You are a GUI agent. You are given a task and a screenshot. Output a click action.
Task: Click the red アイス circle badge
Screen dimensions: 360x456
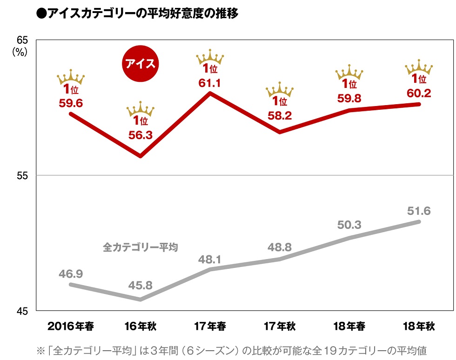tap(140, 64)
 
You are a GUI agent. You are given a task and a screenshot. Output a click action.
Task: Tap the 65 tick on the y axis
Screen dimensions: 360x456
tap(22, 40)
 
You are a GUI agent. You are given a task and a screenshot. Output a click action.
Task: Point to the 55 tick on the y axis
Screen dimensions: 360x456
tap(22, 175)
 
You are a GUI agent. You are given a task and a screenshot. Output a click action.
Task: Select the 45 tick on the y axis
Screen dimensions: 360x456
tap(22, 311)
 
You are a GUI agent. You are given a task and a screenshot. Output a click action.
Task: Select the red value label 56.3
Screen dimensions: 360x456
tap(140, 135)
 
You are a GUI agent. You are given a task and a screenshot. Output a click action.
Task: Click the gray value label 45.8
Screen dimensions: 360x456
tap(140, 285)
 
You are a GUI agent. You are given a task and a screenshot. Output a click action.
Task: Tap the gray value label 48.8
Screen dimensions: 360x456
tap(280, 247)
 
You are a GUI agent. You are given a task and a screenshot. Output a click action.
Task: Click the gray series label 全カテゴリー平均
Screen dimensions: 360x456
tap(141, 247)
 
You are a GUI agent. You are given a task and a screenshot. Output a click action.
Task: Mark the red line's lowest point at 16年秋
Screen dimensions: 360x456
tap(141, 156)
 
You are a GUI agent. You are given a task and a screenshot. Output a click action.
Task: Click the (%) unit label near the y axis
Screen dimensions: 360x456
tap(20, 52)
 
